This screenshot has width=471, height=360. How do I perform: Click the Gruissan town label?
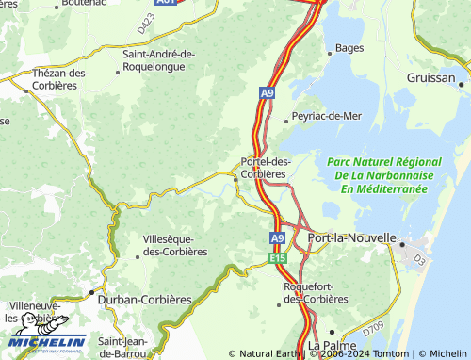430,76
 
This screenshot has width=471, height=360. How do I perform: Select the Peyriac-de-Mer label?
326,115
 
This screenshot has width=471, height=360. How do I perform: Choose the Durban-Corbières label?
144,300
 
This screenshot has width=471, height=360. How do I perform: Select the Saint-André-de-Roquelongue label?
158,60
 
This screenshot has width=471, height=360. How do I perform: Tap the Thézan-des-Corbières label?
60,79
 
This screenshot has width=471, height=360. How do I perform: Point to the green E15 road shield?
277,257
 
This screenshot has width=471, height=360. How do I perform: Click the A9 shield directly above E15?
277,239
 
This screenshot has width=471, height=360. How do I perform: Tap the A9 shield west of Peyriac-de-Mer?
268,92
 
